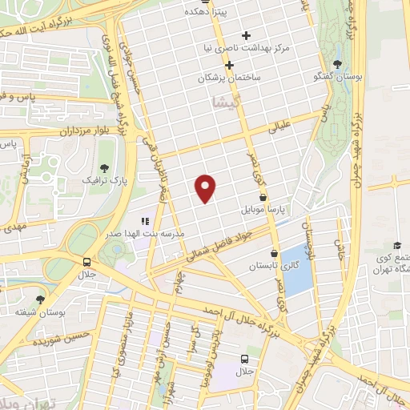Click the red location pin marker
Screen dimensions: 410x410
point(206,187)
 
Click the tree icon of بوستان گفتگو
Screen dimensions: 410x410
point(337,64)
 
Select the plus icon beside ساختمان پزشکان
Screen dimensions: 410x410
point(229,65)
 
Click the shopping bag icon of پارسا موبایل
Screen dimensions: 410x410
point(263,196)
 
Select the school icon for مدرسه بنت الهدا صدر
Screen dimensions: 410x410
point(145,221)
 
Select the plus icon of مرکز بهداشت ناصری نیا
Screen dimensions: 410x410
point(246,35)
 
